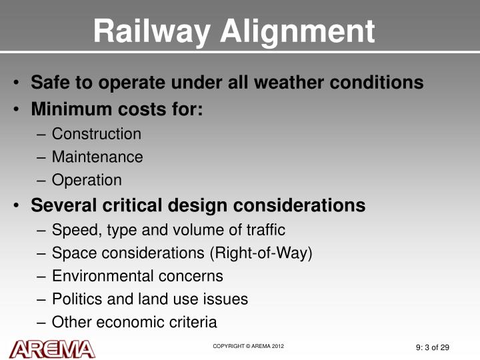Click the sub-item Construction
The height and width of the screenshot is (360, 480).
coord(97,134)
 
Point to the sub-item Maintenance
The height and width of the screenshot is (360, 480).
coord(97,157)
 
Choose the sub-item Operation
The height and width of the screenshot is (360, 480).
coord(87,180)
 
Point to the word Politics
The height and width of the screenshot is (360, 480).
coord(75,299)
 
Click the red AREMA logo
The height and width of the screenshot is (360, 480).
coord(53,347)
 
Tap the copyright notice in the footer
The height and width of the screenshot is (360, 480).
coord(249,346)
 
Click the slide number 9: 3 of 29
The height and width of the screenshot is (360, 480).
coord(432,347)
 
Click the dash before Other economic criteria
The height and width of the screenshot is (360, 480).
coord(41,323)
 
